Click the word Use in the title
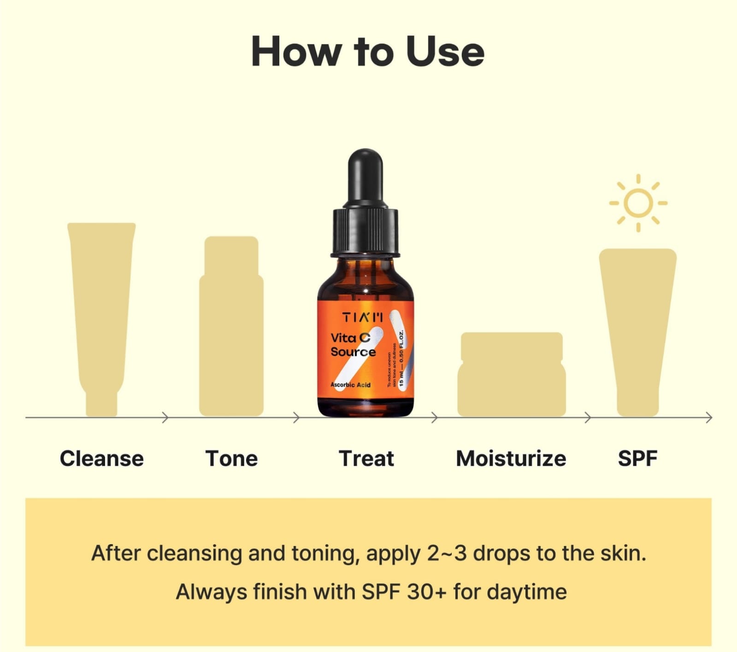pos(445,52)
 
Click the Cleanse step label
pos(102,458)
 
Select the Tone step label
pos(231,458)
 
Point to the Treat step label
pos(366,458)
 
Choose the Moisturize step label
pos(511,458)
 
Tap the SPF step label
pos(637,458)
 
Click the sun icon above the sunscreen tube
pos(638,203)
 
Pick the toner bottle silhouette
pos(231,332)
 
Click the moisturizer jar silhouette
pos(511,376)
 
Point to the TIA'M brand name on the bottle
pos(362,317)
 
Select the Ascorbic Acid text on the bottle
pos(350,385)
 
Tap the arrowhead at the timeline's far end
pos(709,418)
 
